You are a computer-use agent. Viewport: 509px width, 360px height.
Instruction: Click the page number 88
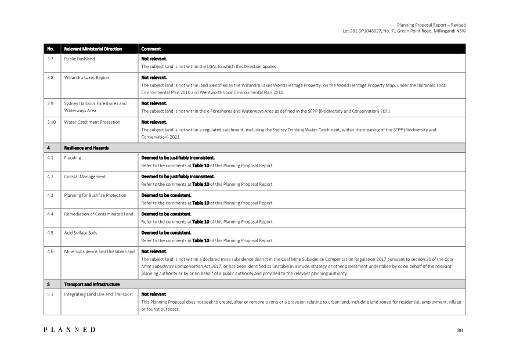pos(460,330)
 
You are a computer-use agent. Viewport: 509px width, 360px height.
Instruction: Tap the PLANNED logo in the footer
pos(70,330)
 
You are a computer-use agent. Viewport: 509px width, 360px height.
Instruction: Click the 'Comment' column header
pos(151,49)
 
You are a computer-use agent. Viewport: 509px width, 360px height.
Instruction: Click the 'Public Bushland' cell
pos(80,59)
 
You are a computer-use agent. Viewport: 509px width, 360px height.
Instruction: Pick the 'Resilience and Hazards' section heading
pos(86,147)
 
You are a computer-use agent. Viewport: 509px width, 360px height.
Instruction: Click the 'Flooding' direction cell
pos(73,157)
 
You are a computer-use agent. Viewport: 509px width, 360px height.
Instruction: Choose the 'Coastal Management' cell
pos(85,176)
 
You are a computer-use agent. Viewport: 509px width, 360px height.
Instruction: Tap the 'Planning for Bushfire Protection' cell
pos(95,195)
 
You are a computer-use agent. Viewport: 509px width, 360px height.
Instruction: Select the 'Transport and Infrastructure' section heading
pos(92,284)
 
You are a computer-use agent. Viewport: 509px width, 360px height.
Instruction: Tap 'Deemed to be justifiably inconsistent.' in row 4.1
pos(178,157)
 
